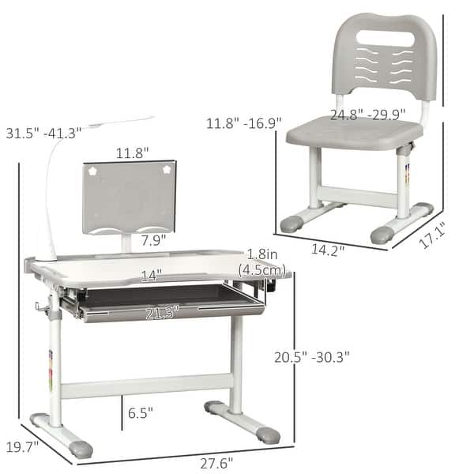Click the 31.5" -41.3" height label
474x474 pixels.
(44, 134)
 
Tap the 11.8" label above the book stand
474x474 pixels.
(132, 152)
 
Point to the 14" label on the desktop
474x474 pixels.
(152, 276)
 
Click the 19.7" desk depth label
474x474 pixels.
(22, 448)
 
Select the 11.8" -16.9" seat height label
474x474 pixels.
(243, 123)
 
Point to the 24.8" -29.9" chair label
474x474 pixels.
(368, 115)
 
